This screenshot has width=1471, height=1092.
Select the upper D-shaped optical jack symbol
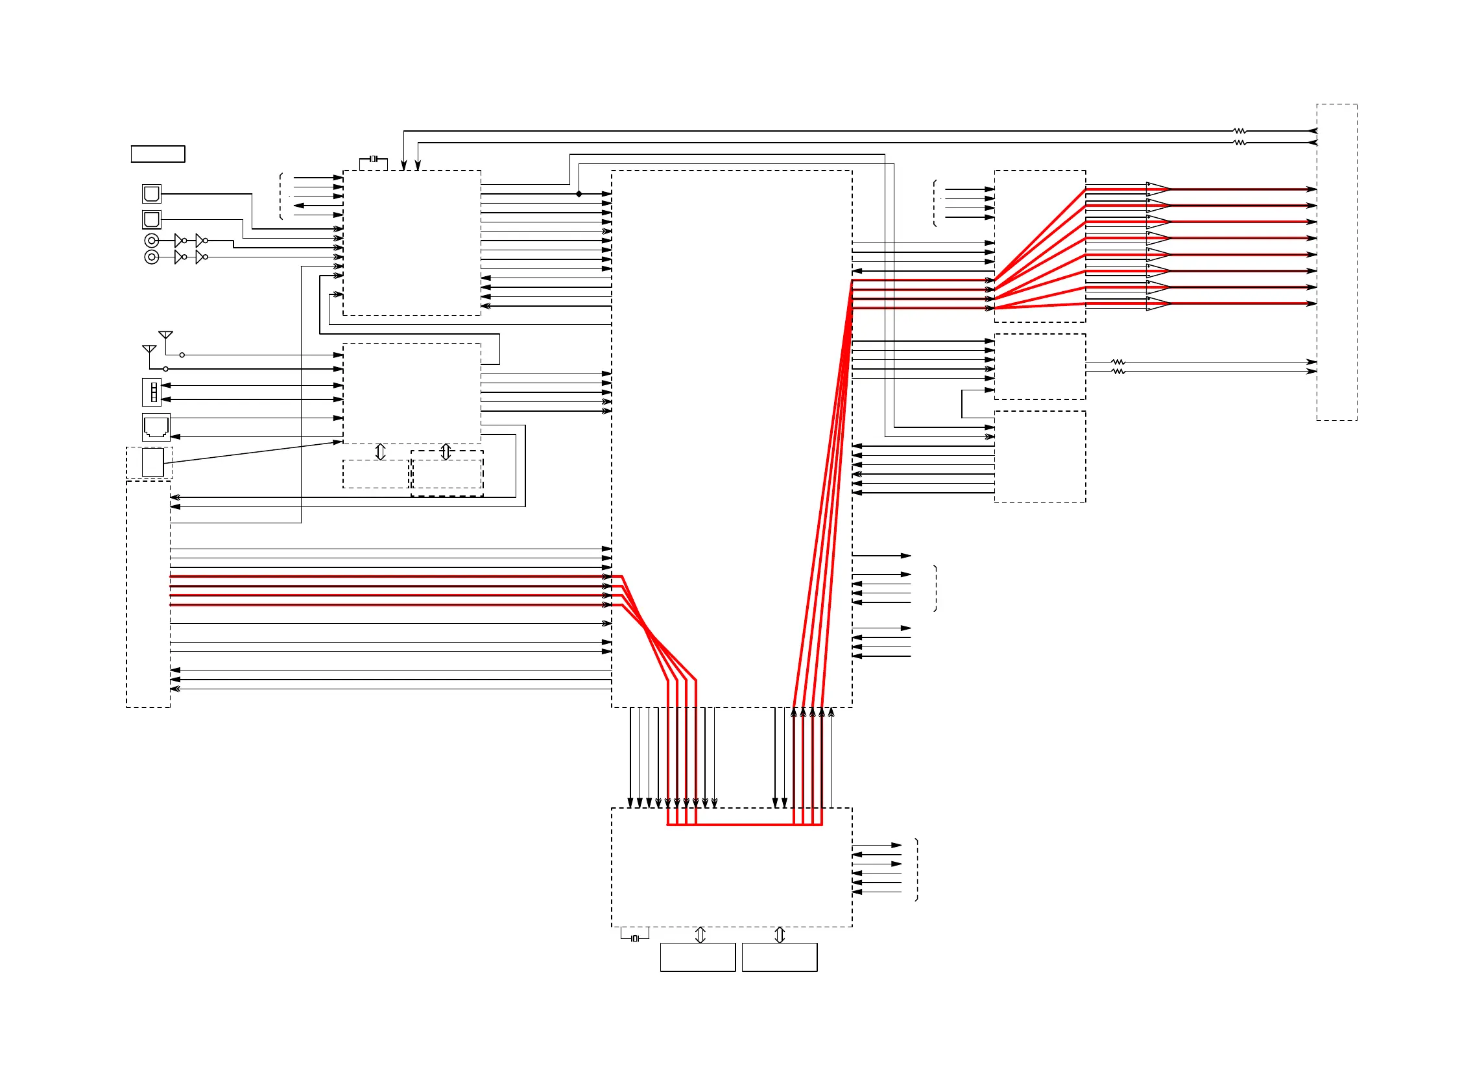pyautogui.click(x=151, y=194)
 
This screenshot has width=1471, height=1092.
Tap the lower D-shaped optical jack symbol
pyautogui.click(x=151, y=219)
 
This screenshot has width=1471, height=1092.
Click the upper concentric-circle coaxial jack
pyautogui.click(x=151, y=241)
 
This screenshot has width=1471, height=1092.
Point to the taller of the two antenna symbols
pyautogui.click(x=165, y=335)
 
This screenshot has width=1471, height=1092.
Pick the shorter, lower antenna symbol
pyautogui.click(x=149, y=349)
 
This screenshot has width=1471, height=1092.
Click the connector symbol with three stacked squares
pyautogui.click(x=152, y=392)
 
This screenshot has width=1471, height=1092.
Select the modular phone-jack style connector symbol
pyautogui.click(x=156, y=427)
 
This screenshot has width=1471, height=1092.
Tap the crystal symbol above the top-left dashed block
pyautogui.click(x=374, y=159)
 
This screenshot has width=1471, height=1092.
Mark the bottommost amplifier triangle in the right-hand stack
pyautogui.click(x=1157, y=304)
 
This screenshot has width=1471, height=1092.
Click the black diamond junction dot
pyautogui.click(x=579, y=194)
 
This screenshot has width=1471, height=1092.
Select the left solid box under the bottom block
pyautogui.click(x=697, y=957)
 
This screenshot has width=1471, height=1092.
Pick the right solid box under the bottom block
pyautogui.click(x=780, y=957)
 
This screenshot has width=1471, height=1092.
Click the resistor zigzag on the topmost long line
pyautogui.click(x=1239, y=131)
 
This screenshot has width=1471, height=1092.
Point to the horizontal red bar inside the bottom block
pyautogui.click(x=745, y=825)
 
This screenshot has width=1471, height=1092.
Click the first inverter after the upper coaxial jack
pyautogui.click(x=179, y=241)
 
